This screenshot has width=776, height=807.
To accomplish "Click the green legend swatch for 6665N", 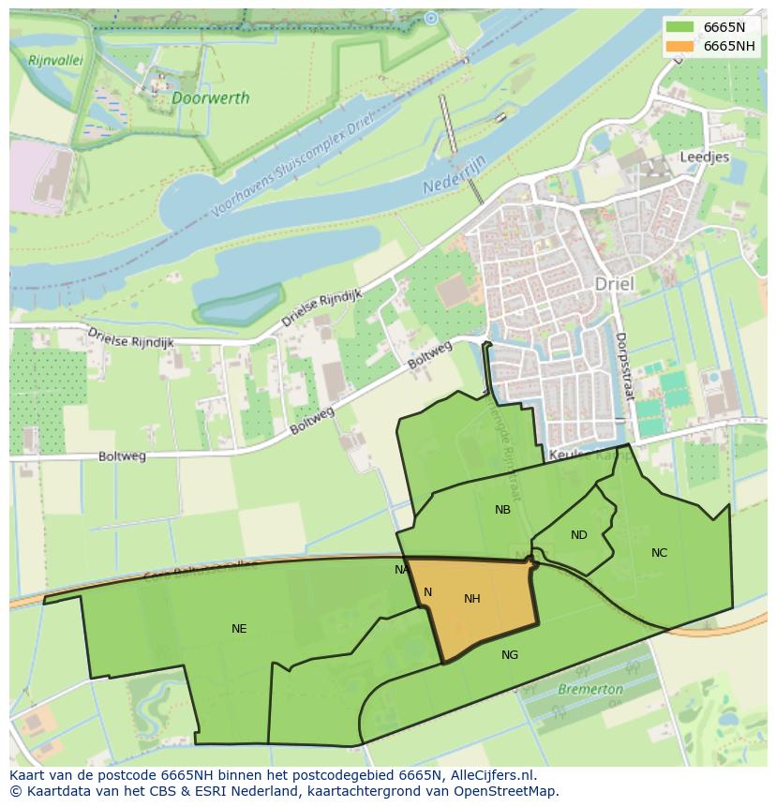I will click(680, 27).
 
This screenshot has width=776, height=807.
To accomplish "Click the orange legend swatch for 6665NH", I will click(680, 46).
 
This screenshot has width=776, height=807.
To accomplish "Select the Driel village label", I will click(614, 283).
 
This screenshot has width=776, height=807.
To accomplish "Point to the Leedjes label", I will click(704, 157).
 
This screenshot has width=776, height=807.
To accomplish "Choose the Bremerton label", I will click(590, 689).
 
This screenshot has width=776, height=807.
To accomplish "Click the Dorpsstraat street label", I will click(625, 366).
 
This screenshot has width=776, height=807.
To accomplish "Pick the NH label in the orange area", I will click(472, 598).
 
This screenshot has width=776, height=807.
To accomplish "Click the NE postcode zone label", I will click(239, 628).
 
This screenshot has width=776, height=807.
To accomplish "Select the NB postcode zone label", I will click(502, 510).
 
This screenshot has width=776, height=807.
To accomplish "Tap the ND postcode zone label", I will click(578, 535).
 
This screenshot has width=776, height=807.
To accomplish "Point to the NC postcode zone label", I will click(659, 553).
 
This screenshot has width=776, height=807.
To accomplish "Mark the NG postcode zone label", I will click(510, 654).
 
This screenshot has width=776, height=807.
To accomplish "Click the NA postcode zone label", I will click(401, 569).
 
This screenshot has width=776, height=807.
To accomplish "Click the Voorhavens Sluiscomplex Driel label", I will click(291, 164).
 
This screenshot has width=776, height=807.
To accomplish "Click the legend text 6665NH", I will click(730, 46).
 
